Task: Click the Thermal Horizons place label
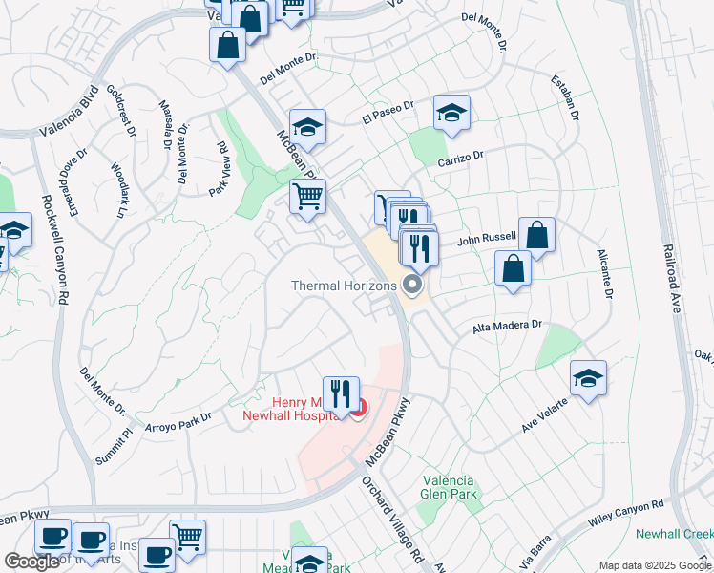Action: point(344,286)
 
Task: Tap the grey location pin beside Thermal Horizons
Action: point(413,285)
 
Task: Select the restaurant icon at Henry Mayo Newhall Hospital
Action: point(340,393)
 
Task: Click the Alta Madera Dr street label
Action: point(507,328)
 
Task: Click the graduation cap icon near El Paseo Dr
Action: point(451,114)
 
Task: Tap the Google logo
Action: point(31,562)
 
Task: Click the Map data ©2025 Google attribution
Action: point(655,565)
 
